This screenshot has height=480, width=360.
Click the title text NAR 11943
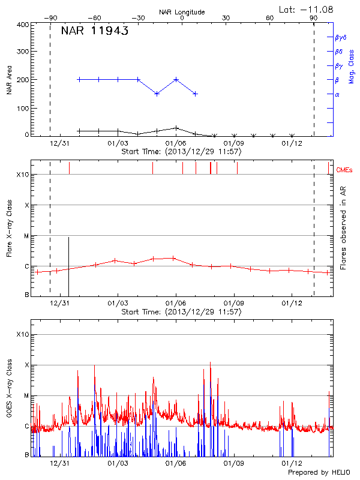click(x=95, y=32)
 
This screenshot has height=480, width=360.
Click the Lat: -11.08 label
click(x=307, y=8)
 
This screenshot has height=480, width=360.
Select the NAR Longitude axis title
click(x=182, y=12)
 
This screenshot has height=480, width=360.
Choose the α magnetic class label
click(x=337, y=94)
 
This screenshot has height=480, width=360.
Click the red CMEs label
click(x=344, y=170)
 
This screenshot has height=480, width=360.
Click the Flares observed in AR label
click(x=343, y=228)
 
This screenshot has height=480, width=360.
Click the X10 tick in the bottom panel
click(x=22, y=334)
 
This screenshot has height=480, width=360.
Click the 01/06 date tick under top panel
click(x=175, y=143)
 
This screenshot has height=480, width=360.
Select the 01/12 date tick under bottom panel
click(x=291, y=463)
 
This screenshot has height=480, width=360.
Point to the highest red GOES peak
click(x=210, y=362)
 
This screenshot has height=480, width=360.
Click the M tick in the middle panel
click(x=26, y=236)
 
